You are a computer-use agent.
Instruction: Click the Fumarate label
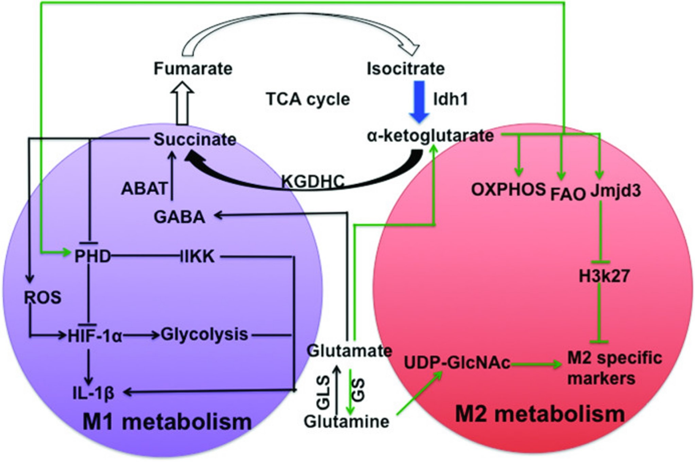193,68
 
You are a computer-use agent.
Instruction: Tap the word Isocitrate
406,68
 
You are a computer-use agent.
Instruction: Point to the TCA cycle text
308,99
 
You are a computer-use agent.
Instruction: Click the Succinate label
195,139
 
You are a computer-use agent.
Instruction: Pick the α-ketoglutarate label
430,136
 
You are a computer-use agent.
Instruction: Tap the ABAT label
145,189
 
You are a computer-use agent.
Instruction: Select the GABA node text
180,217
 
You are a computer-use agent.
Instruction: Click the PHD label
93,257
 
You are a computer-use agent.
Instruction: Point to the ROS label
43,298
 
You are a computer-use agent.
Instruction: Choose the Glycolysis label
204,335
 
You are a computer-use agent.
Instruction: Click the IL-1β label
93,393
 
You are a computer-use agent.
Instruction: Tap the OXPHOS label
508,189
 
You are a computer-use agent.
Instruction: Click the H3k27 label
604,276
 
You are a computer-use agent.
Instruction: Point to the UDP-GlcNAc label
457,363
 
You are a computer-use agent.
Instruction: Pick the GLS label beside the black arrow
324,392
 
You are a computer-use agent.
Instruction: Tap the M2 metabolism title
540,414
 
